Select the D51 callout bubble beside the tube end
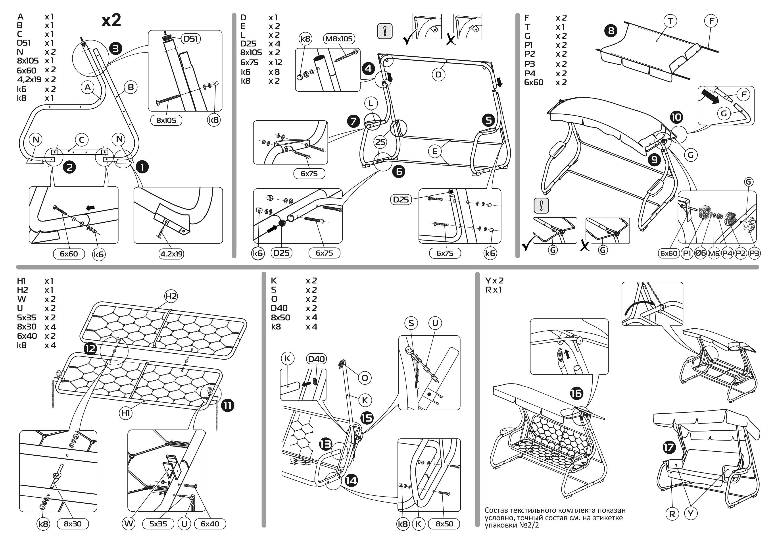click(191, 39)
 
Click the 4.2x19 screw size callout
click(171, 254)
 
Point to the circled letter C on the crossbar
click(81, 140)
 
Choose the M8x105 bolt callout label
click(339, 39)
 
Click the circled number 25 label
click(380, 142)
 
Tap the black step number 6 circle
click(399, 171)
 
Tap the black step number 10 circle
click(676, 117)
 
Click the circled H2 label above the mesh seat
click(171, 297)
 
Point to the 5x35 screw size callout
click(158, 524)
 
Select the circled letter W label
click(129, 524)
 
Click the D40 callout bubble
click(316, 359)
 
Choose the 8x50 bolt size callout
click(444, 524)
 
